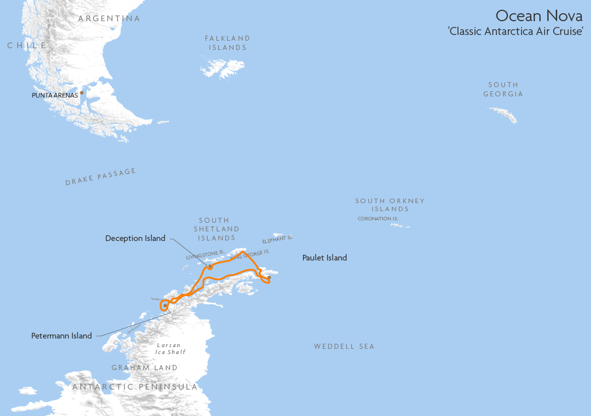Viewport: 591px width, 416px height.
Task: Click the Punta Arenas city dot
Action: point(81,92)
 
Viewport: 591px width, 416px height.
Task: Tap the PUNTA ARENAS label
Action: point(55,95)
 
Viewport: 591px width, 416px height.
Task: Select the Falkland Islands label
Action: point(228,43)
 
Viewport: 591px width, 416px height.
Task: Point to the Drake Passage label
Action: point(100,177)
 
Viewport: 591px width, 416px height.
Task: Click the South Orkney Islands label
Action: point(390,205)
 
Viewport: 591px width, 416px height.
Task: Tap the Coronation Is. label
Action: point(378,219)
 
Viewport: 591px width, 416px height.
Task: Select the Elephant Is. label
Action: point(278,239)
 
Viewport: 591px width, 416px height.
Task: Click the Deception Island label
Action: point(135,238)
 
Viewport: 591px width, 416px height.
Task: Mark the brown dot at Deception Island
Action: point(210,267)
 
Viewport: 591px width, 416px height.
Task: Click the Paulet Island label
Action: point(325,258)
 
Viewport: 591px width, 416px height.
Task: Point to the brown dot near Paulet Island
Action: point(269,277)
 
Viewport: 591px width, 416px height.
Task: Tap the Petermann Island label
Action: point(61,336)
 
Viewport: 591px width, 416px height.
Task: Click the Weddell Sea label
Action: point(344,347)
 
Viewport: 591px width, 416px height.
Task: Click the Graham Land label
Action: point(145,368)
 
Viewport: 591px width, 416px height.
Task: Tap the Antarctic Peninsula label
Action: point(135,387)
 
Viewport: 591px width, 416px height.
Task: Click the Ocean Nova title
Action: point(539,15)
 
